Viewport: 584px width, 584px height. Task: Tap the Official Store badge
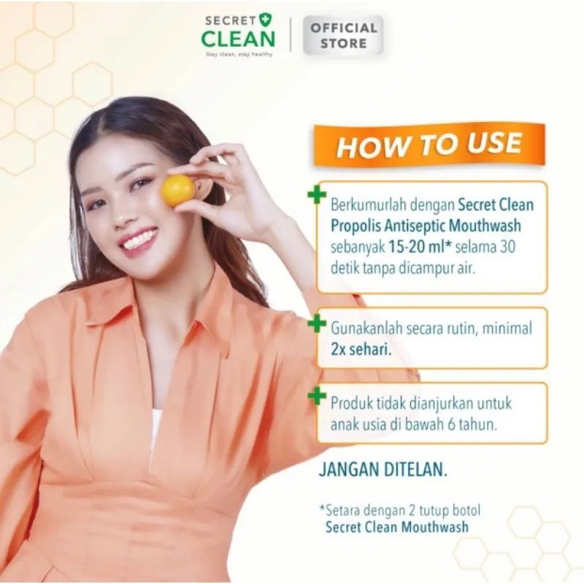coord(343,35)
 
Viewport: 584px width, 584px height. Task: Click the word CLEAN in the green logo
coord(239,39)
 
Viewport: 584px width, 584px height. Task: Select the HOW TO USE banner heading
coord(429,145)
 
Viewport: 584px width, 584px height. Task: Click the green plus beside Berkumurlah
coord(317,196)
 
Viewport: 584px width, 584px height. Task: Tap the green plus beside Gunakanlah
coord(317,323)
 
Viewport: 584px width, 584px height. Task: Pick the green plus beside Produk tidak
coord(317,396)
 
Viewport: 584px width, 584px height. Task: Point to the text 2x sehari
coord(361,350)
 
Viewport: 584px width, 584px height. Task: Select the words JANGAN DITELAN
coord(383,469)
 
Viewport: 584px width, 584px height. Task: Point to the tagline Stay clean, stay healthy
coord(239,54)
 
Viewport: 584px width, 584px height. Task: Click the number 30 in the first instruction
coord(507,247)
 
